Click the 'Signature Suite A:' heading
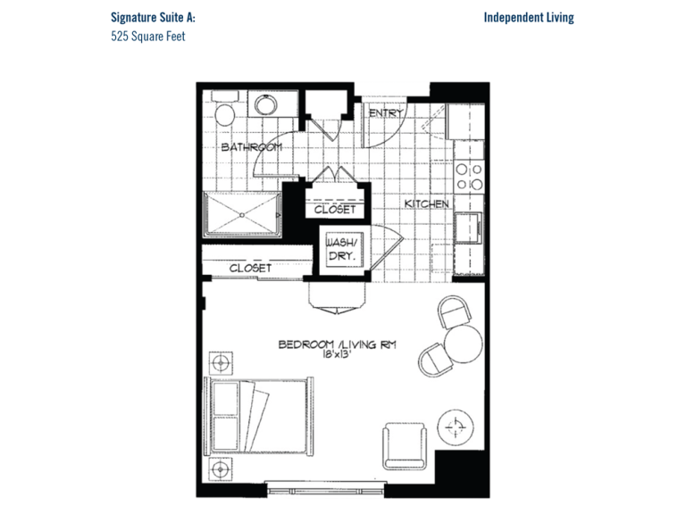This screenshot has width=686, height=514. tap(153, 18)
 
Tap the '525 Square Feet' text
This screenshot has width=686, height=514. tap(148, 36)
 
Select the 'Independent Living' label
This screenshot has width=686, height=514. tap(529, 18)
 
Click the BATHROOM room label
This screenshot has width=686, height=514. tap(251, 147)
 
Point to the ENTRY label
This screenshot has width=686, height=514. tap(386, 113)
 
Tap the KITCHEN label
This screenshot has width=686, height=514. tap(427, 203)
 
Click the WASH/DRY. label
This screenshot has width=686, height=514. tap(341, 249)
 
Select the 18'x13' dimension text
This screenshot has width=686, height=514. tap(338, 354)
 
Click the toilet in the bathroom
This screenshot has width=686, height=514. tap(225, 109)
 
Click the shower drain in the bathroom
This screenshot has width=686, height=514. tap(242, 215)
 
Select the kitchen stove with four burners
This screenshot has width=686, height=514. tap(469, 177)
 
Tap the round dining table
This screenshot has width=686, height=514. tap(464, 344)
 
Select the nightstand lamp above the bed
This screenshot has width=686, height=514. tap(221, 363)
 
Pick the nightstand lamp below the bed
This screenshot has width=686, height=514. tap(221, 469)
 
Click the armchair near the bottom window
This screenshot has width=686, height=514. tap(405, 446)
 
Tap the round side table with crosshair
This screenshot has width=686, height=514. tap(456, 427)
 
